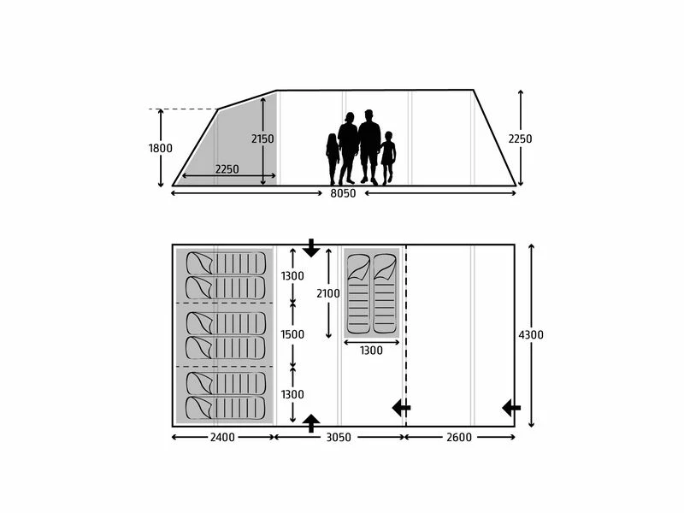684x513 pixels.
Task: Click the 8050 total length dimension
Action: pyautogui.click(x=344, y=194)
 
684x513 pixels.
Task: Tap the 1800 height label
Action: pyautogui.click(x=160, y=148)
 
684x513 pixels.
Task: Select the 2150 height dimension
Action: pyautogui.click(x=262, y=139)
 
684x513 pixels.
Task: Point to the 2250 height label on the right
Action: pyautogui.click(x=520, y=139)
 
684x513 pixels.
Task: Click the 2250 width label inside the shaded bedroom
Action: pyautogui.click(x=227, y=169)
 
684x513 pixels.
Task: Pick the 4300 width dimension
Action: pyautogui.click(x=531, y=335)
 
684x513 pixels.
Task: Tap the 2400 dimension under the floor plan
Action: pyautogui.click(x=223, y=438)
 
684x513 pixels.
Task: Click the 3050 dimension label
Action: pyautogui.click(x=339, y=438)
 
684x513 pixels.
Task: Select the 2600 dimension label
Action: pyautogui.click(x=459, y=438)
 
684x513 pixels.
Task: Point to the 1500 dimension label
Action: pyautogui.click(x=292, y=334)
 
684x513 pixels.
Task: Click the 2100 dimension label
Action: pyautogui.click(x=328, y=293)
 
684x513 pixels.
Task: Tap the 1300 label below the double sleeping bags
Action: pyautogui.click(x=371, y=350)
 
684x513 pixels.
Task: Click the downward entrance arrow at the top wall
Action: pyautogui.click(x=311, y=249)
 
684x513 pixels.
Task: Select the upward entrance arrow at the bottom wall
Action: pyautogui.click(x=311, y=422)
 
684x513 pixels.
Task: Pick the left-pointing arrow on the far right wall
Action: pyautogui.click(x=511, y=408)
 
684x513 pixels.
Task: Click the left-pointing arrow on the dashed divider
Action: pyautogui.click(x=401, y=408)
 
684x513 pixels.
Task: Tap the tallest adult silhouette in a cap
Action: pyautogui.click(x=369, y=146)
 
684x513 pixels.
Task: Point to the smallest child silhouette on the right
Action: pyautogui.click(x=388, y=157)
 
